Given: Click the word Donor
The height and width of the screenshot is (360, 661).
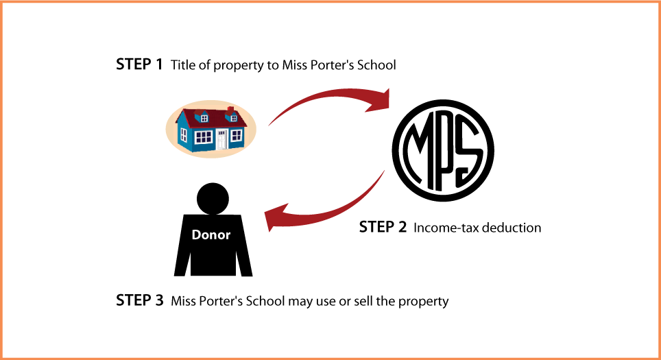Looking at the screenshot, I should (x=211, y=235).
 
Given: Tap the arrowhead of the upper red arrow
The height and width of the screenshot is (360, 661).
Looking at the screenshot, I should (x=381, y=101).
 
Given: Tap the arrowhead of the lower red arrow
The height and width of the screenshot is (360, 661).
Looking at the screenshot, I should (x=274, y=217).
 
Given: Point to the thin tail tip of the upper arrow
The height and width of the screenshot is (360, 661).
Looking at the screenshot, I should (x=269, y=125).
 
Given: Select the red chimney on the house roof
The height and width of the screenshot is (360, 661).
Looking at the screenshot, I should (x=230, y=109).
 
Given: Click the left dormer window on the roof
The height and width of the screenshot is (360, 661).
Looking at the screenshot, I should (x=204, y=118).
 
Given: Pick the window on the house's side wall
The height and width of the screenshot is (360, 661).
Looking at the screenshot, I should (x=184, y=135).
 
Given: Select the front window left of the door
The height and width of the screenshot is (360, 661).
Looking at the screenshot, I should (x=204, y=137).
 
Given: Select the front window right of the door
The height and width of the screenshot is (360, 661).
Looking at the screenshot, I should (x=237, y=135).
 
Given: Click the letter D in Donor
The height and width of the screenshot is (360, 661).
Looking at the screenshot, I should (x=196, y=235).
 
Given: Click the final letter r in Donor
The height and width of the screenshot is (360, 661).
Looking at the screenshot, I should (x=228, y=235).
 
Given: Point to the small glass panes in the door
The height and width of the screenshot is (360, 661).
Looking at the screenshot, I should (x=221, y=133).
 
